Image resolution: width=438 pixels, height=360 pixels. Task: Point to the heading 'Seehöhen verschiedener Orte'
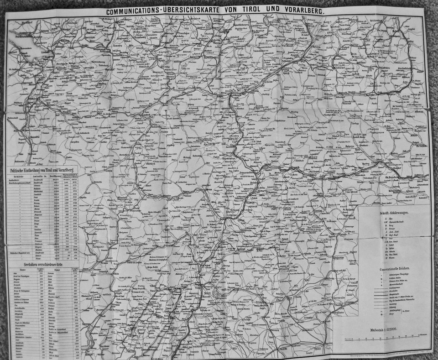tap(43, 264)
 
